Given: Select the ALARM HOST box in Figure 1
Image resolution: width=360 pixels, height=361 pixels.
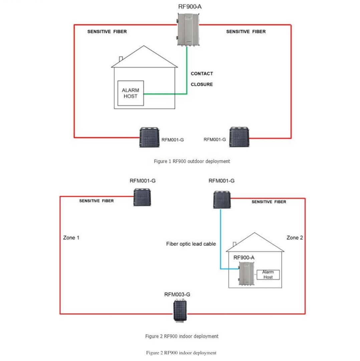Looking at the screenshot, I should click(x=130, y=93).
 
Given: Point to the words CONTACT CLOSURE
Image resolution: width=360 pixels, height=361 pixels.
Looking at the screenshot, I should click(x=202, y=79).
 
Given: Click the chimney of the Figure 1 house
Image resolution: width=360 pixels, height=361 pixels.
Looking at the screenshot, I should click(x=121, y=59).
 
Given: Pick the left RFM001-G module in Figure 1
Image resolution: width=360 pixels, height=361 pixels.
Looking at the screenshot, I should click(x=149, y=137).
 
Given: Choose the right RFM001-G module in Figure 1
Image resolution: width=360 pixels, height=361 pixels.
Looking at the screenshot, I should click(x=239, y=137).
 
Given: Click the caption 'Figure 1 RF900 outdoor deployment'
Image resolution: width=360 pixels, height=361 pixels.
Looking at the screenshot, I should click(x=192, y=161).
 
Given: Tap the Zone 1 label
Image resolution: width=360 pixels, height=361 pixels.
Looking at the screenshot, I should click(x=71, y=238).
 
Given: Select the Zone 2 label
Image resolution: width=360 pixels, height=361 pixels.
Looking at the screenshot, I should click(x=295, y=238).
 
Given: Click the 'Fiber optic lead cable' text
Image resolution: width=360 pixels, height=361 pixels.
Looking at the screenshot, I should click(x=191, y=244).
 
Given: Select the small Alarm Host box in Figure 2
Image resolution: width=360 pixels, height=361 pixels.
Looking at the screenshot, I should click(x=268, y=274).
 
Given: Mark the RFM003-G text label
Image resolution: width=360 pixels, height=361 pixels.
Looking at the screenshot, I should click(x=177, y=294).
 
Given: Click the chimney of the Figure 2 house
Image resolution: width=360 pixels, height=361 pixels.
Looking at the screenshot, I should click(x=235, y=244).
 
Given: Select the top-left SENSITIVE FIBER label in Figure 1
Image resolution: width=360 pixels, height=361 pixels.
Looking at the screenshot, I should click(x=107, y=32).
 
